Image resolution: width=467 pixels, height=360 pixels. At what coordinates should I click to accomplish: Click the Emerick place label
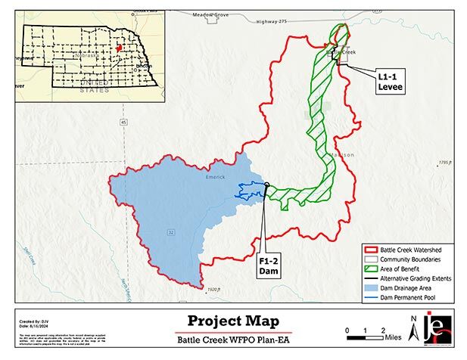216,178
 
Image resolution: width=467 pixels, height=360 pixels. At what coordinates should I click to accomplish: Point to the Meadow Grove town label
210,14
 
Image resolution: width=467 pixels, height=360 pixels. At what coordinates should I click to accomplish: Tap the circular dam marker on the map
266,185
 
